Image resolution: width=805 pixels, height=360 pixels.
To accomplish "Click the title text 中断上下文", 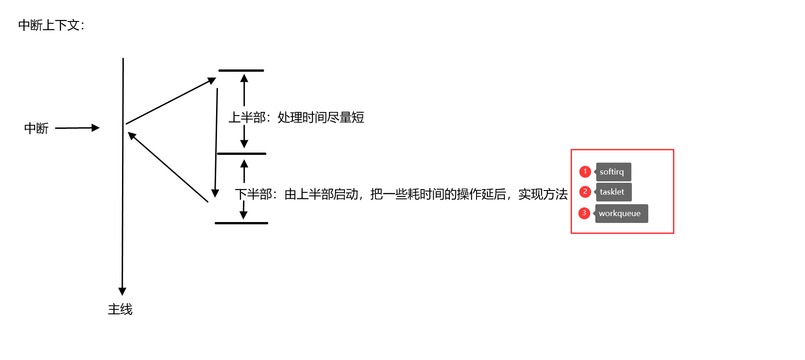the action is (x=48, y=25).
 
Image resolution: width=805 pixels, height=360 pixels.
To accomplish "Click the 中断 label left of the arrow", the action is (x=37, y=128).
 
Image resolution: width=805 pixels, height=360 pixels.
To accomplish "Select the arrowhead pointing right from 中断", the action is (x=95, y=128).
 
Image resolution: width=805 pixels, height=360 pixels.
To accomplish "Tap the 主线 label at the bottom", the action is (x=120, y=309).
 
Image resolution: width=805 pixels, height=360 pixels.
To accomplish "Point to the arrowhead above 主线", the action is (x=122, y=291).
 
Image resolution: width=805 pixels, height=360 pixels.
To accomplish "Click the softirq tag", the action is (x=614, y=172).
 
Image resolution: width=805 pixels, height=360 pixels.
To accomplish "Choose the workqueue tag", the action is (x=621, y=213).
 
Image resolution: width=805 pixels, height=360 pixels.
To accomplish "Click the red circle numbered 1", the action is (x=585, y=171).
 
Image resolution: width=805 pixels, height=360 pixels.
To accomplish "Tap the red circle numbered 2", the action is (x=585, y=191).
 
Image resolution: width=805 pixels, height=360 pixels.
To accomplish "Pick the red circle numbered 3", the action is (x=584, y=213).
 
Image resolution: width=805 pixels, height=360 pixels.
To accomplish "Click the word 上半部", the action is (x=247, y=117).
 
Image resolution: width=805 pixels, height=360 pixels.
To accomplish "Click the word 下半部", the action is (x=254, y=194).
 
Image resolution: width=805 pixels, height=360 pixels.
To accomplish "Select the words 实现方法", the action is (x=543, y=194).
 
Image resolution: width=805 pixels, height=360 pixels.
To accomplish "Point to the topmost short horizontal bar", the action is (x=241, y=70).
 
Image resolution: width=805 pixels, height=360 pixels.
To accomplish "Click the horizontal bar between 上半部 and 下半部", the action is (x=241, y=154).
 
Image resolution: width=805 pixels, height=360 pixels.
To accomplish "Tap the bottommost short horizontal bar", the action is (x=241, y=223).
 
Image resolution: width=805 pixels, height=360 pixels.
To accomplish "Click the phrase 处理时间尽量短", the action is (x=321, y=117).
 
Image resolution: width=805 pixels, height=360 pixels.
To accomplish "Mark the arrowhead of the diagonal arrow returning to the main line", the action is (x=132, y=136).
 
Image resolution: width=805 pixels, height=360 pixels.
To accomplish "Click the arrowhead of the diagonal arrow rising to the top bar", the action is (x=212, y=81).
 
